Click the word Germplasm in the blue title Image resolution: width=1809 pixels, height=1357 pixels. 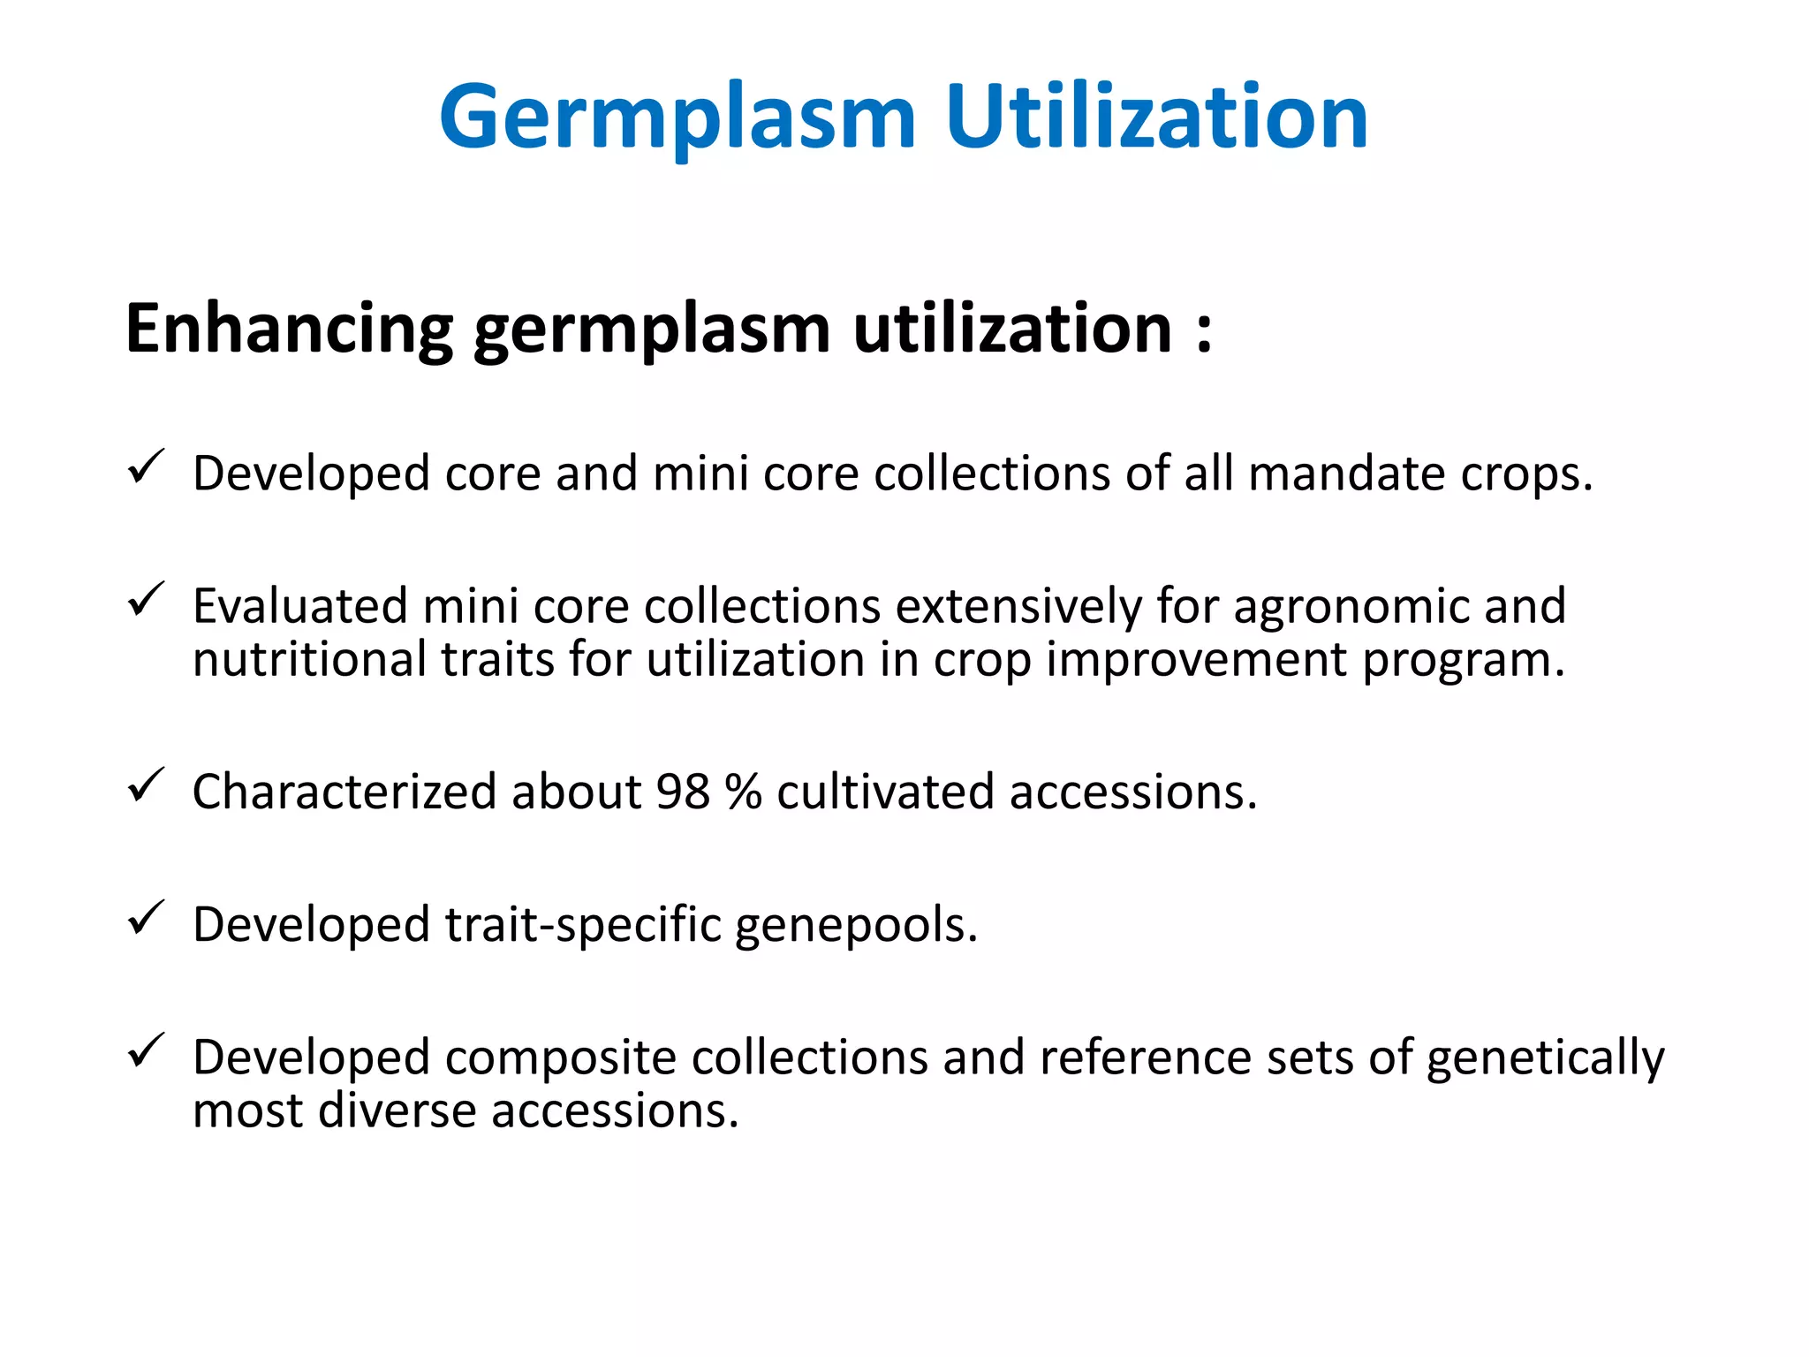click(677, 118)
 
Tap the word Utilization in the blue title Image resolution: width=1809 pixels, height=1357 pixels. click(1156, 118)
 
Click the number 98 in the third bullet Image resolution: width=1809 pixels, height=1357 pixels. click(682, 792)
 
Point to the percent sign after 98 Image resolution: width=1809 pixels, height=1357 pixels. click(743, 792)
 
